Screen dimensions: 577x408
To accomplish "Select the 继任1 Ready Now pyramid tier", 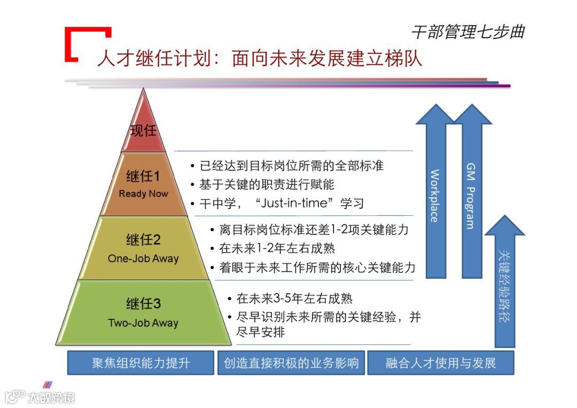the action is [x=143, y=184].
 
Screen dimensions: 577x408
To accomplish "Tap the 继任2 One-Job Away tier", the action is [x=143, y=248].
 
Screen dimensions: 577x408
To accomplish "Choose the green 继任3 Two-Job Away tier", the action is [x=143, y=312].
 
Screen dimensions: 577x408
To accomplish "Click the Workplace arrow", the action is [x=435, y=195].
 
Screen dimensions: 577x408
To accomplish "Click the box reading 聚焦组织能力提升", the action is [x=141, y=363].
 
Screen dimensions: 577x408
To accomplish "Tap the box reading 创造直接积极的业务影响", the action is [x=291, y=363].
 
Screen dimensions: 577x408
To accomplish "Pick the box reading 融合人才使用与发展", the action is [x=441, y=363].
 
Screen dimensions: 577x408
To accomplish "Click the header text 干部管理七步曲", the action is [x=468, y=32].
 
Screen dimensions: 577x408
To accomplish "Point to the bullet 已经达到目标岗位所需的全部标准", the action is [x=291, y=166].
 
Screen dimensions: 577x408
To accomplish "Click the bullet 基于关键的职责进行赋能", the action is [x=267, y=184].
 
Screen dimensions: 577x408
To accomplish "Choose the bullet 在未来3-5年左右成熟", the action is [x=294, y=299].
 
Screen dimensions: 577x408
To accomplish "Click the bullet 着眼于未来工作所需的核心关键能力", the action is [x=317, y=267].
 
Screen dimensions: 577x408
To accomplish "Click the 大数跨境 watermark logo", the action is [x=40, y=396].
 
